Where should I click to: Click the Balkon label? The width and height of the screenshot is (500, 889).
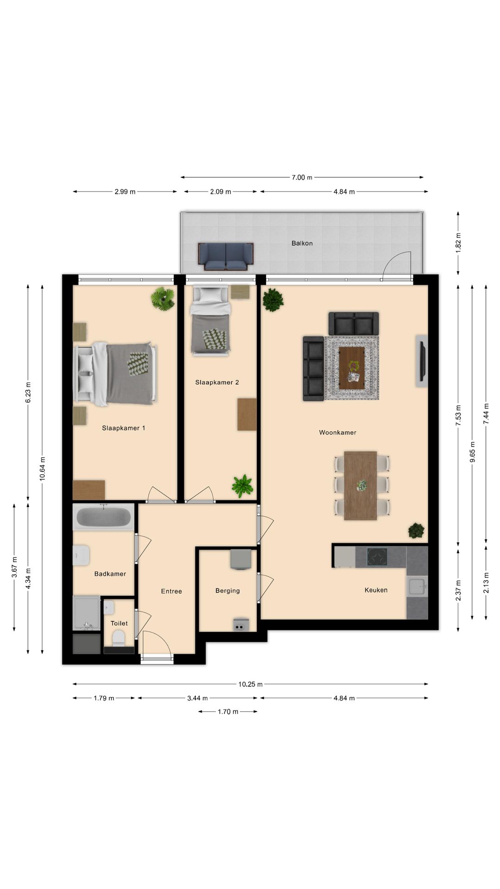click(302, 243)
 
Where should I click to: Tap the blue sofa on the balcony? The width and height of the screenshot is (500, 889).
click(226, 257)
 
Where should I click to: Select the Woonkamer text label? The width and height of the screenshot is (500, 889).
click(337, 432)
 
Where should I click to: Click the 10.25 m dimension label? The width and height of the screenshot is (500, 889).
click(250, 684)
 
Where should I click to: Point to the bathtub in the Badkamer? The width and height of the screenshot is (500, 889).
click(103, 517)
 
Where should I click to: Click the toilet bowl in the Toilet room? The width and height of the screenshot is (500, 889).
click(119, 638)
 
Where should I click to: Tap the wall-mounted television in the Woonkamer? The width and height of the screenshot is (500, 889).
click(421, 361)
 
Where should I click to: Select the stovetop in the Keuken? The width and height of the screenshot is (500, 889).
click(377, 557)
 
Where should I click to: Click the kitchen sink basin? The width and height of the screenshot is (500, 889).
click(417, 587)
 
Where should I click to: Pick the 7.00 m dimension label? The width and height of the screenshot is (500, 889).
click(302, 177)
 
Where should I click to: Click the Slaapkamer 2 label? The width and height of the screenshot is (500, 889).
click(217, 382)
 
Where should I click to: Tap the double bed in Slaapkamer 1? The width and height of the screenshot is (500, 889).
click(115, 373)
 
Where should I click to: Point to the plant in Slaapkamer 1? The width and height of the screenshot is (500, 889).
click(162, 299)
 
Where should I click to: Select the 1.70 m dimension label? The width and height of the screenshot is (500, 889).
click(228, 712)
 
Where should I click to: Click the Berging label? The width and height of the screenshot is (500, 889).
click(227, 591)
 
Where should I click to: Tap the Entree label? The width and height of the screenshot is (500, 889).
click(171, 591)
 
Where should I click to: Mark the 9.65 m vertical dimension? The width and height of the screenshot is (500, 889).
click(472, 452)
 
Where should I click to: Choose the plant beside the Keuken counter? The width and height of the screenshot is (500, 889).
click(416, 531)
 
